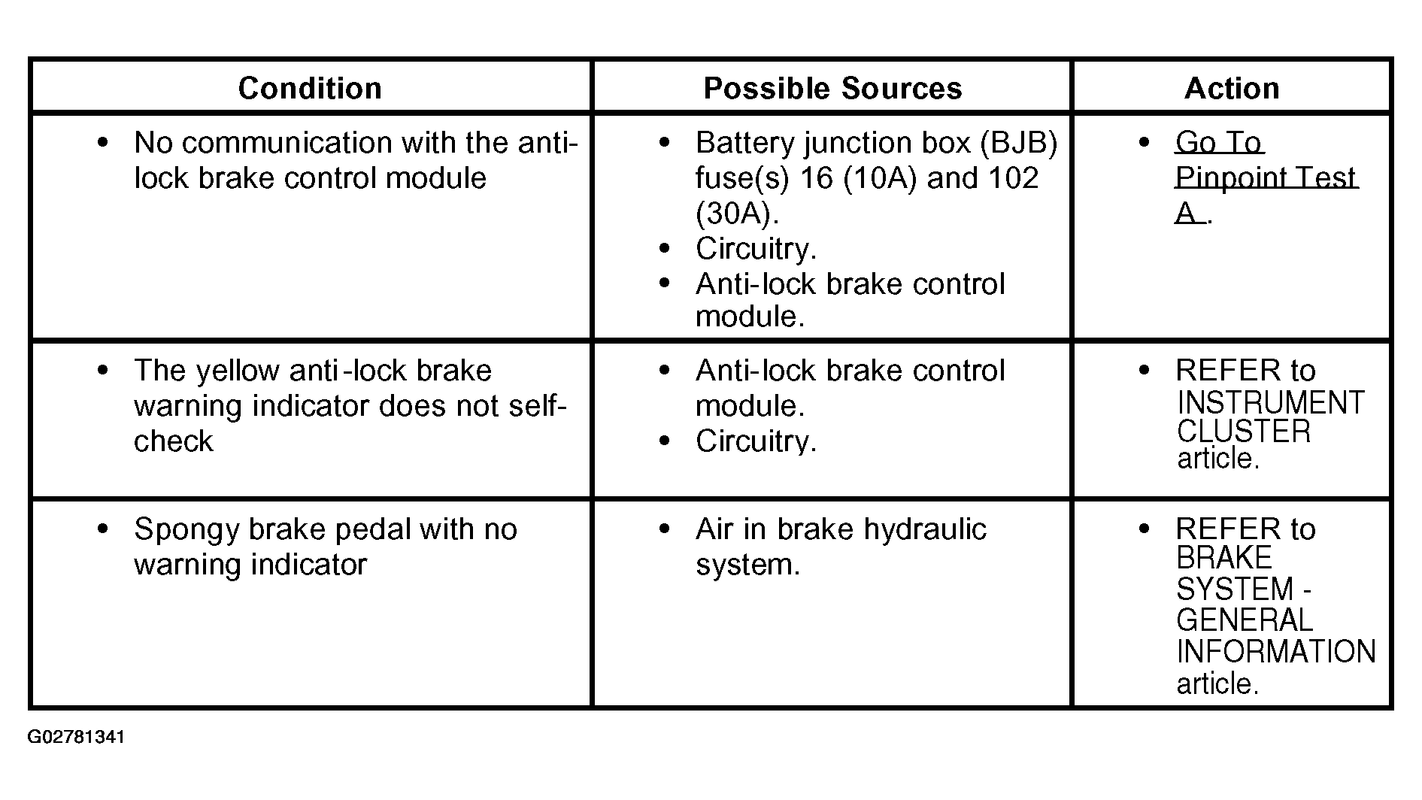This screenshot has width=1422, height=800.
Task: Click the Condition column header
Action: (310, 88)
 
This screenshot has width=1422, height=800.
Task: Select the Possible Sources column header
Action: (832, 88)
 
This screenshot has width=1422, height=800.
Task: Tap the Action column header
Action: (1232, 88)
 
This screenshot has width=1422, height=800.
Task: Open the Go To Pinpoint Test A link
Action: (1266, 177)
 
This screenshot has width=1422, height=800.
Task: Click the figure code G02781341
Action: (76, 737)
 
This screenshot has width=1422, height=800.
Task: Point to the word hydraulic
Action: (924, 529)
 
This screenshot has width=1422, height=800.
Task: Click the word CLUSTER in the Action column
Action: (1243, 432)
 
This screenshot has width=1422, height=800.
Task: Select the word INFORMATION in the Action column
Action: (1276, 651)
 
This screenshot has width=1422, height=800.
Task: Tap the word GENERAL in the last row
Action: (1244, 620)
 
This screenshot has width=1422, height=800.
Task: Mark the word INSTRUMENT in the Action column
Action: (1270, 403)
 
